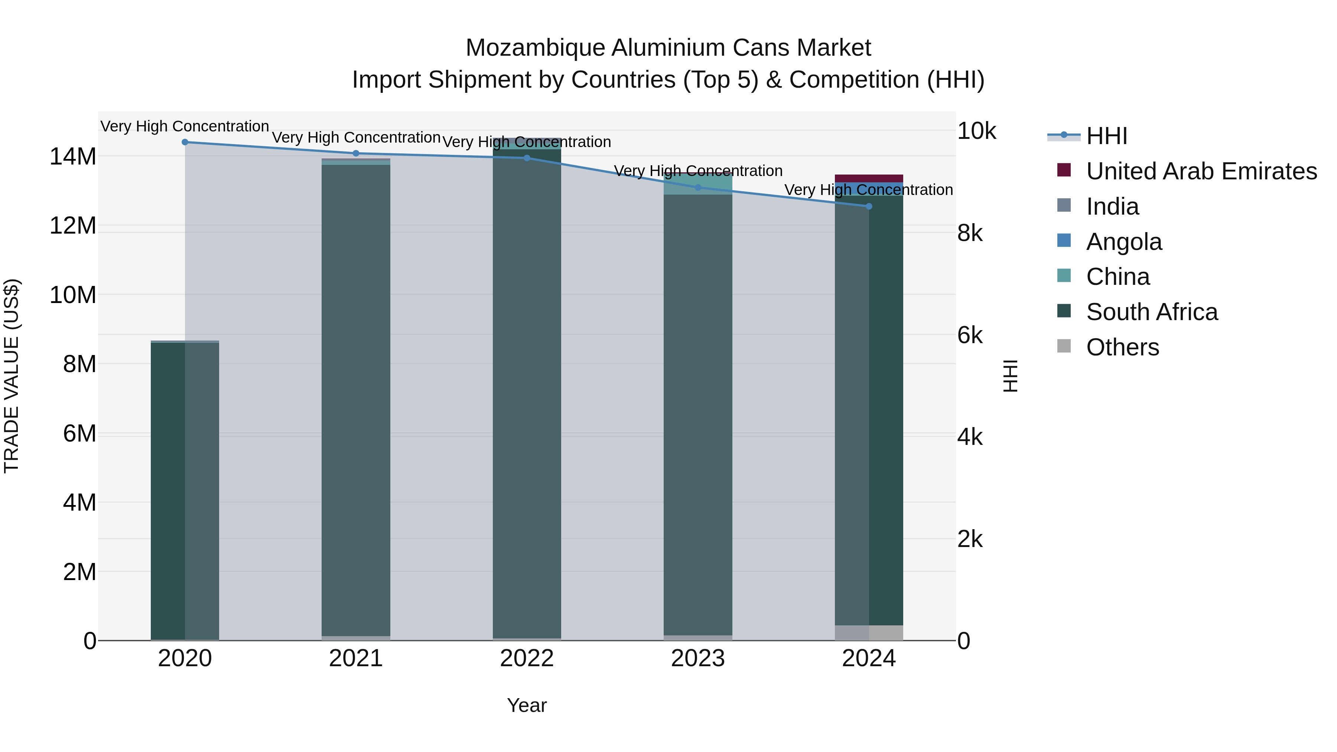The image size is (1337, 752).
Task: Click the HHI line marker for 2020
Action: [185, 142]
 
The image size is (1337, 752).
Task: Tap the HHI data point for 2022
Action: [527, 158]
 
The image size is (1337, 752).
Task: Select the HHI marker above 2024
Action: [869, 206]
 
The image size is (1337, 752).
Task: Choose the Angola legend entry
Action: [1124, 242]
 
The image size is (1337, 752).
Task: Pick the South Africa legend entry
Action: [1152, 312]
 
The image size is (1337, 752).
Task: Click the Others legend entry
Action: [1122, 347]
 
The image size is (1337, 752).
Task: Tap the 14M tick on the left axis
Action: [73, 157]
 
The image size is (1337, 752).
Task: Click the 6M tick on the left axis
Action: [79, 433]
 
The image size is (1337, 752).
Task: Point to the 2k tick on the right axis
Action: [970, 540]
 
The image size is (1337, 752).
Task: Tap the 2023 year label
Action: [697, 658]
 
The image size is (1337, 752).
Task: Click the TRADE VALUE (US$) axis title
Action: [12, 376]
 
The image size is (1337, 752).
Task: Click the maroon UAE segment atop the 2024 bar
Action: [869, 179]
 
